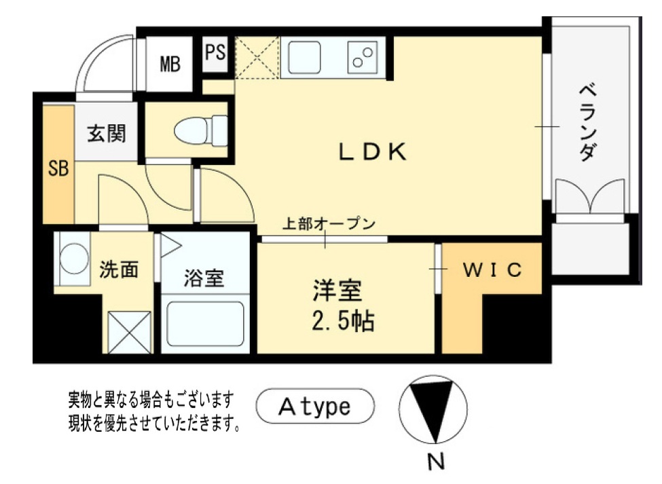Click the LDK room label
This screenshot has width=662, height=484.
click(x=373, y=152)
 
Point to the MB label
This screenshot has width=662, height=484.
click(x=170, y=64)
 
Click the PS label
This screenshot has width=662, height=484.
click(x=216, y=53)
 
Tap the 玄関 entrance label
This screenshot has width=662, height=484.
click(x=107, y=134)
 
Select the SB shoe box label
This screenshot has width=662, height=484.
click(x=58, y=168)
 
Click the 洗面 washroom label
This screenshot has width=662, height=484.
click(x=119, y=270)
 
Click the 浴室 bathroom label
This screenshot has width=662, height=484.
click(x=204, y=278)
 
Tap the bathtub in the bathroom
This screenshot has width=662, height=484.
click(x=205, y=325)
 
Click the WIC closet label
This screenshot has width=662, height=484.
click(x=493, y=270)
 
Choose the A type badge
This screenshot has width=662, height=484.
click(x=315, y=407)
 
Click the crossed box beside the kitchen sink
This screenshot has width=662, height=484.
click(x=257, y=58)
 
